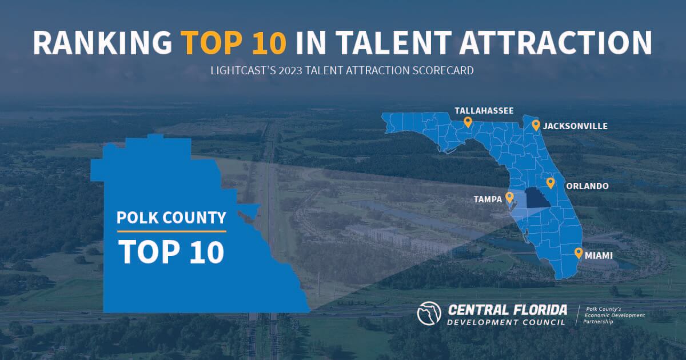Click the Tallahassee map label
[484, 110]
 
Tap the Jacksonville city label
[575, 126]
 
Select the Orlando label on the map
[588, 186]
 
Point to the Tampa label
[488, 199]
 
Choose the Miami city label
[599, 255]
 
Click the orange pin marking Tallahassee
[468, 122]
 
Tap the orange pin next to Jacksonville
[536, 126]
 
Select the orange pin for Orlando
[551, 183]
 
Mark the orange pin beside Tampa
[509, 198]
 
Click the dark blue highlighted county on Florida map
[538, 198]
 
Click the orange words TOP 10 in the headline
[233, 42]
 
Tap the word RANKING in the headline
[102, 42]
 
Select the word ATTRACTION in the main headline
[555, 42]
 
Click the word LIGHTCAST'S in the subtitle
[243, 70]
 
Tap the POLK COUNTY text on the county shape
[171, 218]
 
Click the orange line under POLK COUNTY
[171, 231]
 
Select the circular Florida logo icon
[429, 313]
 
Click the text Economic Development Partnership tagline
[614, 315]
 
